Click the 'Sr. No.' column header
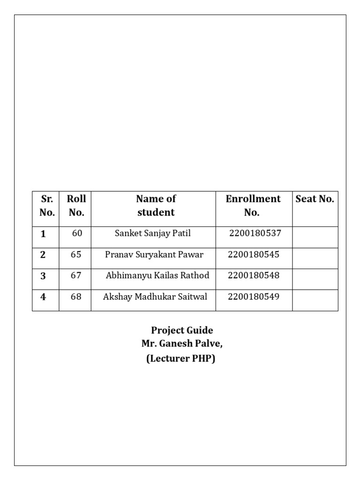point(47,205)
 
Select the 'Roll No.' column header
point(76,205)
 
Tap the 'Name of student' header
point(156,205)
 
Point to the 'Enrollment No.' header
point(253,205)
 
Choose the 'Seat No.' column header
point(315,199)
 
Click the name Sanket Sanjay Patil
point(152,233)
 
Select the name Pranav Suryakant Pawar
point(154,255)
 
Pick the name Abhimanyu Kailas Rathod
point(157,276)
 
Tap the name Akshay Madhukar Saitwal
point(155,297)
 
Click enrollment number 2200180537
point(255,233)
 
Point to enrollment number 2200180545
point(254,255)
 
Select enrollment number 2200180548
point(254,276)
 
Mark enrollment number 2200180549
point(254,297)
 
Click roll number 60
point(77,233)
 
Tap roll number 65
point(76,255)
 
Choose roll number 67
point(76,276)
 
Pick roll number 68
point(76,297)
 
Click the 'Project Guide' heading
point(182,330)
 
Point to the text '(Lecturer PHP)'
point(180,360)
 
